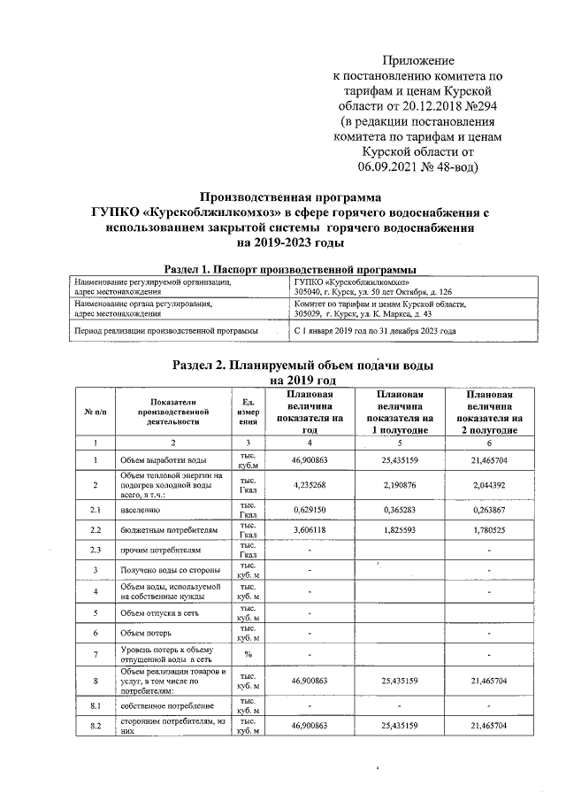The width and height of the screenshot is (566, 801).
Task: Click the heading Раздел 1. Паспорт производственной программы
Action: pos(291,268)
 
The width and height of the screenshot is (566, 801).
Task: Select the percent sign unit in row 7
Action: pos(248,657)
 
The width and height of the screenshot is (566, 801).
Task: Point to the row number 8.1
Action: pos(95,705)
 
